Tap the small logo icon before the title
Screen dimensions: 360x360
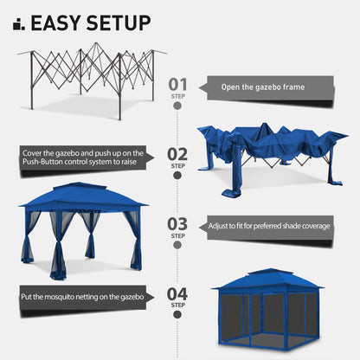pos(19,24)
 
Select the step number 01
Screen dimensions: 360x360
pos(177,85)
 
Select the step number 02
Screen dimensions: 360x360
pos(177,154)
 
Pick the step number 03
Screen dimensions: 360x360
pos(177,224)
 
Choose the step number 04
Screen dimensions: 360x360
pos(177,294)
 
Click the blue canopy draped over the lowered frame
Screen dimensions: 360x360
pos(268,151)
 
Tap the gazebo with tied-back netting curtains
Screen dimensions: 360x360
pos(83,228)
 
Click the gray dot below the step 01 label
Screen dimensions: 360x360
pos(177,107)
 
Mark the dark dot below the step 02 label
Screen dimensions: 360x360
pos(177,176)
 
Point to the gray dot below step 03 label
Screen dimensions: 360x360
pos(177,246)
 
